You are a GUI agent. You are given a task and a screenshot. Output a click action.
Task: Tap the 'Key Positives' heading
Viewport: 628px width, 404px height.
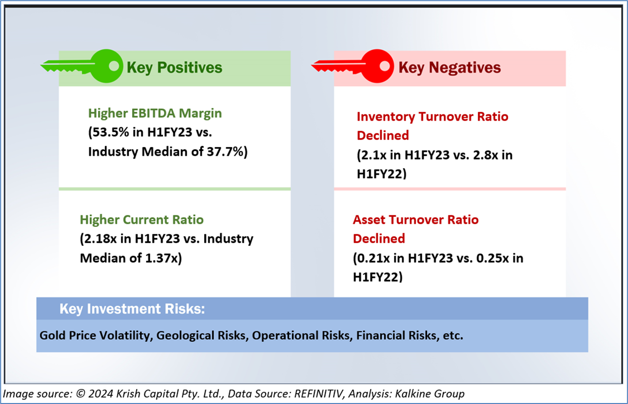tap(175, 68)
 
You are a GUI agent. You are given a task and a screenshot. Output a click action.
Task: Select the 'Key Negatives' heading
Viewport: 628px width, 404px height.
tap(450, 68)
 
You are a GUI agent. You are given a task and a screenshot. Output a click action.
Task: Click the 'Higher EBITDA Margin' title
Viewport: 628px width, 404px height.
tap(155, 113)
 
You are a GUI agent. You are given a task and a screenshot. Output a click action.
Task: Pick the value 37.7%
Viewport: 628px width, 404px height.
tap(226, 151)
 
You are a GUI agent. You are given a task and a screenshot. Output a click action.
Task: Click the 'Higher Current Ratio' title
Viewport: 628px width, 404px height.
tap(141, 220)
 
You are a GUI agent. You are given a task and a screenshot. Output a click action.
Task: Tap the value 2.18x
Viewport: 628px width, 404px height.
tap(100, 239)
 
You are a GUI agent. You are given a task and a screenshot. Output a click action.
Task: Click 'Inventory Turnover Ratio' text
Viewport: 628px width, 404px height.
tap(432, 116)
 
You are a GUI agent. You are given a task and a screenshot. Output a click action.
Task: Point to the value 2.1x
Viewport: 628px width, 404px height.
tap(373, 155)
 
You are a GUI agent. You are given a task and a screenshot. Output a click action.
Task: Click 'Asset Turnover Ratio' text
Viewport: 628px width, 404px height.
tap(415, 220)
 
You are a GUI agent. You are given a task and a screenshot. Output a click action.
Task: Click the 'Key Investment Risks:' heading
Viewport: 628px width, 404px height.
tap(132, 309)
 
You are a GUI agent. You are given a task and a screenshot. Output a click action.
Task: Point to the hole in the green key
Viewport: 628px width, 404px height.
tap(114, 66)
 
